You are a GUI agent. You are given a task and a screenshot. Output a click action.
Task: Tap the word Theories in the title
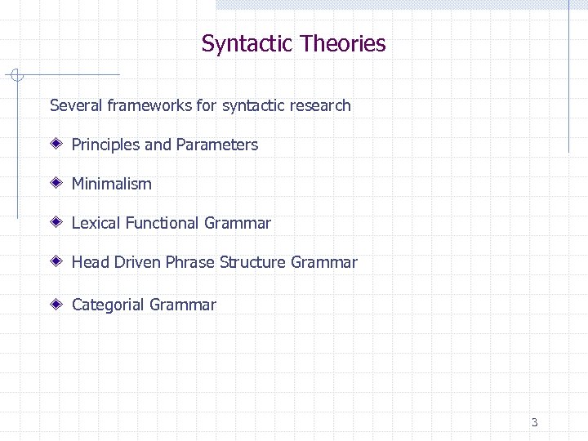342,43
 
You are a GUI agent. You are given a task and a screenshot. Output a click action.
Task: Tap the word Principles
105,145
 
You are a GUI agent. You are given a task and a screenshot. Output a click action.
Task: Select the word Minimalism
112,184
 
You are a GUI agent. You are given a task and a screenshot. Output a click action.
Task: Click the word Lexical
94,223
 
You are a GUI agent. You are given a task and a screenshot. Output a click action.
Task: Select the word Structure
251,262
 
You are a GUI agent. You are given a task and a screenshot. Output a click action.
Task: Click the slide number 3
534,422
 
